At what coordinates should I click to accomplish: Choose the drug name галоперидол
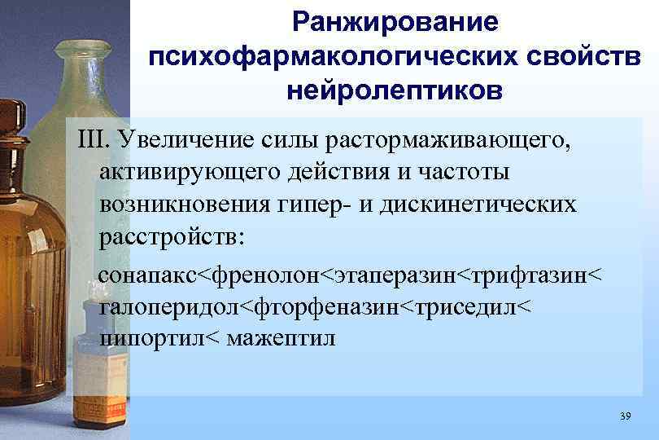click(x=171, y=308)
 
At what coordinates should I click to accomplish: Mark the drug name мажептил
click(x=284, y=337)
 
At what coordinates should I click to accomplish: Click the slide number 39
click(x=625, y=417)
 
